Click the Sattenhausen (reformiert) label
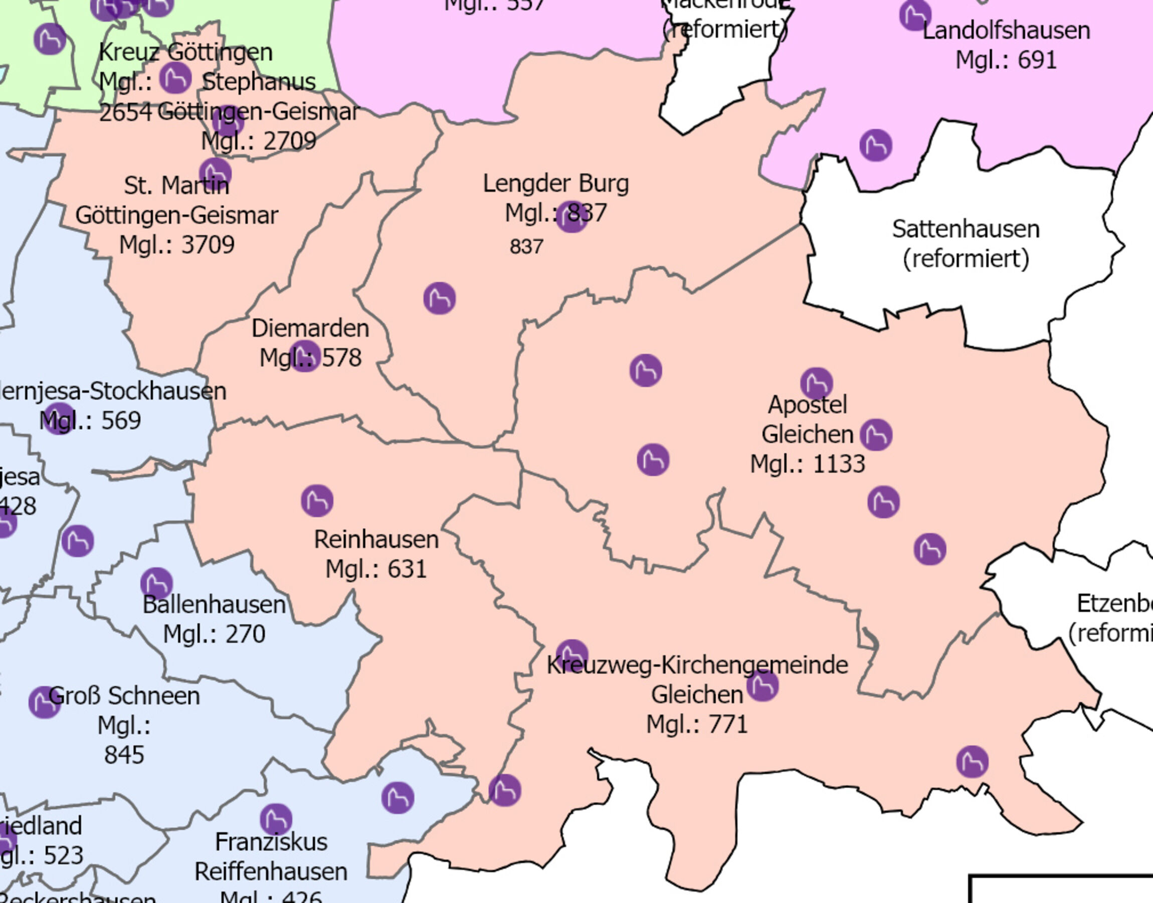click(966, 244)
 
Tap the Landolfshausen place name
click(1006, 31)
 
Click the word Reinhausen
click(376, 540)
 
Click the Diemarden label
click(310, 328)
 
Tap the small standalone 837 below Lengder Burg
click(526, 247)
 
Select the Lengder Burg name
click(555, 184)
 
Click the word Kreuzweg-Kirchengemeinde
click(697, 665)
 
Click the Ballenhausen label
click(214, 604)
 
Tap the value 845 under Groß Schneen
click(124, 755)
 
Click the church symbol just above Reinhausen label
click(317, 501)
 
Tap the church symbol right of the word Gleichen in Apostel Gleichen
click(876, 435)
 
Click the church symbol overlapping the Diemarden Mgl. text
click(304, 356)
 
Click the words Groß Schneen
click(124, 696)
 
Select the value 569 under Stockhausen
click(120, 421)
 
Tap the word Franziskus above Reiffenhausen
click(271, 842)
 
